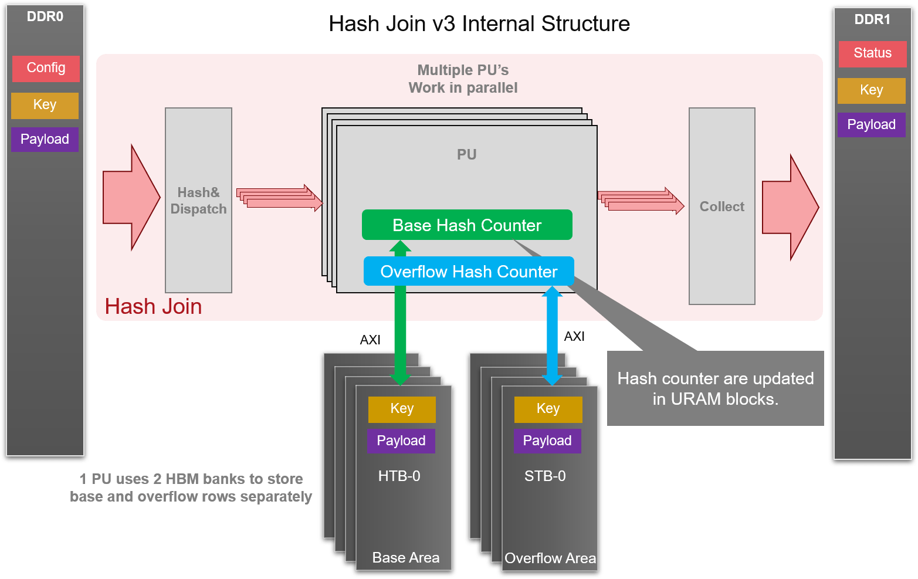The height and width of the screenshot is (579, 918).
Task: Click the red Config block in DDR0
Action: (46, 68)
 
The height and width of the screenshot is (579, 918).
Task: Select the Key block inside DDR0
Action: (45, 106)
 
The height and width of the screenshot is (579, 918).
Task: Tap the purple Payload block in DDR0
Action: (45, 140)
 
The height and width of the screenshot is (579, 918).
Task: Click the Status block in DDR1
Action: (872, 53)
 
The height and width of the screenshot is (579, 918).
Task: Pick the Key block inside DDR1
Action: (871, 90)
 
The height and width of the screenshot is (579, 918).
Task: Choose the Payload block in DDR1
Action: (871, 125)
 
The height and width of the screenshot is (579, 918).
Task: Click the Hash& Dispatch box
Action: (198, 201)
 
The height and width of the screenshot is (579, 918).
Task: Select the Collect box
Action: (721, 206)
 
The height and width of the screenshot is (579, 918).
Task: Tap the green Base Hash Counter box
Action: (467, 225)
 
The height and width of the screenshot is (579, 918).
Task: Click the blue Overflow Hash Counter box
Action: (469, 272)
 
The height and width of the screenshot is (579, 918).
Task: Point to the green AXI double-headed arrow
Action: (400, 329)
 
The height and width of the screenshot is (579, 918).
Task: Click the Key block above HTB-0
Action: (402, 409)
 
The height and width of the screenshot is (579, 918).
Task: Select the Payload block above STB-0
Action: (547, 441)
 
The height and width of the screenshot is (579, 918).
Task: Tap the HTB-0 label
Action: (399, 476)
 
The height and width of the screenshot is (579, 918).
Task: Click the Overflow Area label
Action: (550, 558)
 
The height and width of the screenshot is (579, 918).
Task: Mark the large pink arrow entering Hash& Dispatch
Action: (131, 198)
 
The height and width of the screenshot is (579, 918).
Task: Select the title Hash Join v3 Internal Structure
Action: (479, 24)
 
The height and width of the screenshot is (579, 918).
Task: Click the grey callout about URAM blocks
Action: (715, 388)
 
